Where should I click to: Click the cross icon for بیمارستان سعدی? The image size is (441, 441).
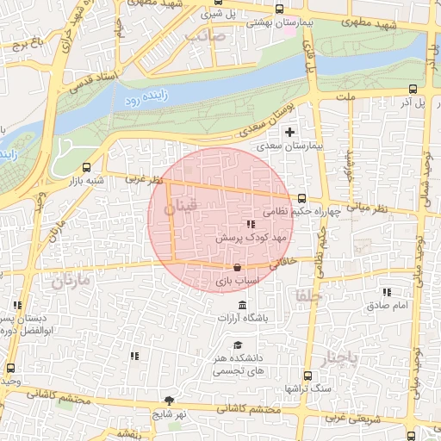tap(289, 132)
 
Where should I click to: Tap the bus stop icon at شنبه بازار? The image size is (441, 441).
tap(85, 168)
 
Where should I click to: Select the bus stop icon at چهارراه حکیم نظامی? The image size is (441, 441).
tap(301, 197)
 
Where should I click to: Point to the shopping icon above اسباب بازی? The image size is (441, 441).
tap(237, 268)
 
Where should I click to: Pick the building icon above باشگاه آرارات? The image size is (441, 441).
tap(240, 306)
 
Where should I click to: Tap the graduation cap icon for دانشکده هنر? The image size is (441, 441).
tap(237, 344)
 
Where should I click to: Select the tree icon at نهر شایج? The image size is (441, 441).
tap(169, 401)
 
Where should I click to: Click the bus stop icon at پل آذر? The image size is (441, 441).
tap(413, 89)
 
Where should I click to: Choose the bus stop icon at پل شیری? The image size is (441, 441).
tap(214, 15)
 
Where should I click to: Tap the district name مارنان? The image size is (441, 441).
tap(70, 280)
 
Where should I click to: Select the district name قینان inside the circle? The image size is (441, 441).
tap(182, 208)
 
